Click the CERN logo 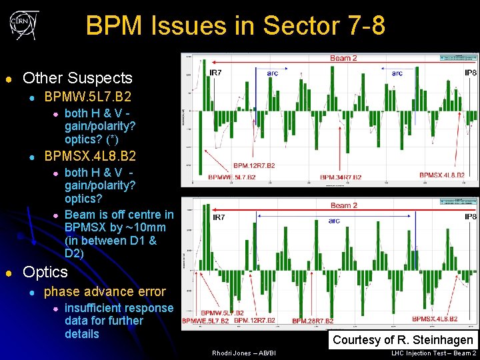24,25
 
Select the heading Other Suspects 77,78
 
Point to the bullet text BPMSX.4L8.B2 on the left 90,156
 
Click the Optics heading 45,272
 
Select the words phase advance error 105,291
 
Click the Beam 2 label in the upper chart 343,58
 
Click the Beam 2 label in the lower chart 344,205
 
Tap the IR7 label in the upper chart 216,72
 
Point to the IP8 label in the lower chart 470,217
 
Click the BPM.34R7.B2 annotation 341,177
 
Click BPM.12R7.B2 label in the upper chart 254,165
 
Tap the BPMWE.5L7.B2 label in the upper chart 232,177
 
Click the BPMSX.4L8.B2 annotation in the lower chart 434,319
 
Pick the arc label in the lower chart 334,221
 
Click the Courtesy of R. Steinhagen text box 403,340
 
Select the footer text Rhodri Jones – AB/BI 243,353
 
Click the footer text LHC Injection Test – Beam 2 434,353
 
